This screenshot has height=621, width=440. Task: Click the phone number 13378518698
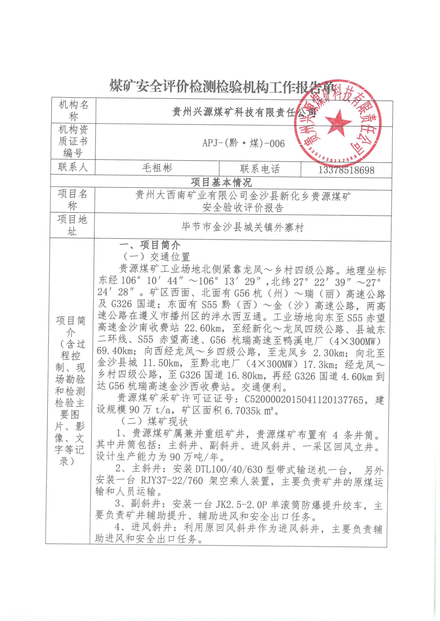coord(346,170)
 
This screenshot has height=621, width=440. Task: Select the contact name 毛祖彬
coord(157,168)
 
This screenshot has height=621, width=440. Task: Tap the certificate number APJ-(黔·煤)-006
coord(244,143)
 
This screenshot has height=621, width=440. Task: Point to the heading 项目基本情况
coord(221,182)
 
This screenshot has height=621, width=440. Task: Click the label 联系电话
coord(260,169)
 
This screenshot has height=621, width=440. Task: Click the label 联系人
coord(73,167)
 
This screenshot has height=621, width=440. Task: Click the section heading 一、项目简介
coord(150,245)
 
